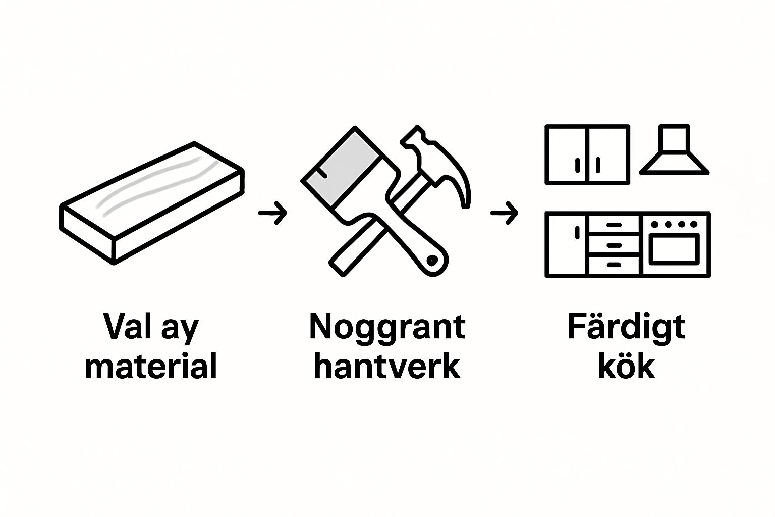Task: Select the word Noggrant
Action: click(387, 327)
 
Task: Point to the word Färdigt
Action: click(626, 327)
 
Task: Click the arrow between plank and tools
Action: click(272, 213)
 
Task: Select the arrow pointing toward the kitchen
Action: click(504, 213)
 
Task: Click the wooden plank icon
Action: click(151, 202)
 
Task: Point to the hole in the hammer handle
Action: click(432, 261)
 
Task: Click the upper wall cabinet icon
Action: click(587, 154)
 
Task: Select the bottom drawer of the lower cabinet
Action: click(614, 265)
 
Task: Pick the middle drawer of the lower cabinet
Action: click(614, 245)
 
